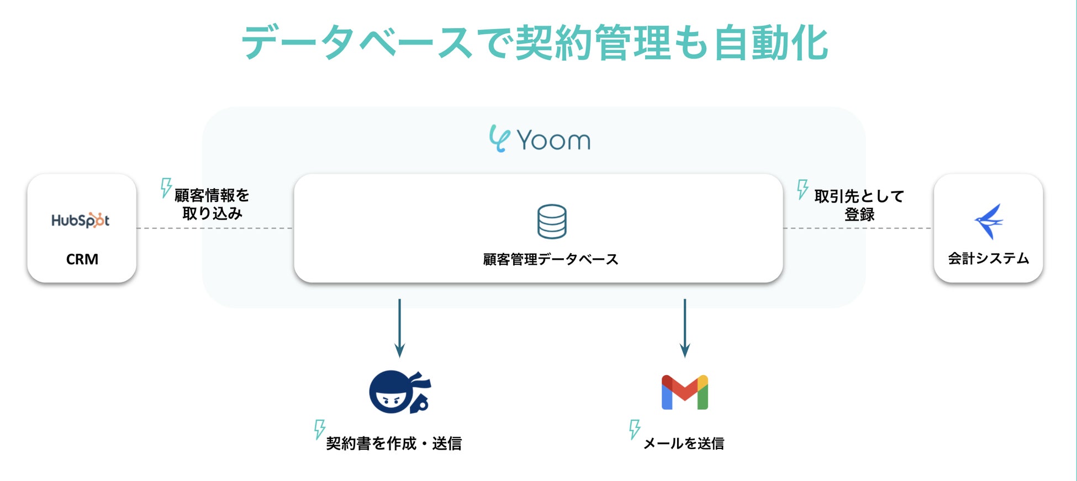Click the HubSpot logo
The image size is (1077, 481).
coord(81,221)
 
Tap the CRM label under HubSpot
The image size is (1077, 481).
coord(82,259)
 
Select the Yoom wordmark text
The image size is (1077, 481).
coord(553,140)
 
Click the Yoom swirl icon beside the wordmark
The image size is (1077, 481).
coord(499,138)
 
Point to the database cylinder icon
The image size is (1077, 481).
coord(552,222)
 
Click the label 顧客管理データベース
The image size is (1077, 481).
coord(551,259)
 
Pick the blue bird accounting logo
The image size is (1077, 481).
coord(989,221)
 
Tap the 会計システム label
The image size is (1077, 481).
coord(989,259)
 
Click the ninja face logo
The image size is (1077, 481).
coord(399,392)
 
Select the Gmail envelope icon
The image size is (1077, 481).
coord(685,393)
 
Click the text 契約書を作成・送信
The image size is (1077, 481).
coord(394,443)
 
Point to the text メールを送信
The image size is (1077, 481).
coord(684,443)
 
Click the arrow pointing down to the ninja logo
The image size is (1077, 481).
coord(399,328)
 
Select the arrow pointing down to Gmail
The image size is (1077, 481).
coord(685,328)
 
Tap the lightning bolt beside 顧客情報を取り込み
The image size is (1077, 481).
coord(166,188)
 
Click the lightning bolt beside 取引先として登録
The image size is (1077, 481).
coord(803,189)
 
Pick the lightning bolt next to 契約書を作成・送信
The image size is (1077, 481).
coord(319,429)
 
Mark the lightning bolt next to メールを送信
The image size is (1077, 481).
coord(635,429)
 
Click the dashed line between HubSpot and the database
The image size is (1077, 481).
coord(215,228)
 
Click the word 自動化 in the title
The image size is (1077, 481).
coord(770,43)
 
